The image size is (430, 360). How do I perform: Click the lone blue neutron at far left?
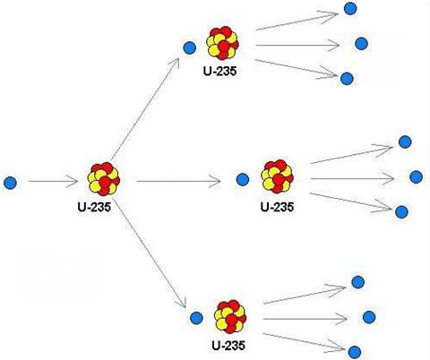coord(10,183)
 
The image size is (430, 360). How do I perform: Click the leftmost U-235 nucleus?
coord(104,179)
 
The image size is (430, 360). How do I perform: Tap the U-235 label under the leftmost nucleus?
coord(94,207)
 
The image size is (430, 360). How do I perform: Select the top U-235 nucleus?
coord(222,43)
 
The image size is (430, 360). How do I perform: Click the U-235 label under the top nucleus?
coord(220,71)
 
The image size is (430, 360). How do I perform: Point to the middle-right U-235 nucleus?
coord(277,176)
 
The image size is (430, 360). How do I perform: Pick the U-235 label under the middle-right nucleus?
coord(277,207)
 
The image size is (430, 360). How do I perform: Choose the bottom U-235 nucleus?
coord(230,317)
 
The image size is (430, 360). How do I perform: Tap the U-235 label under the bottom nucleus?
coord(228,346)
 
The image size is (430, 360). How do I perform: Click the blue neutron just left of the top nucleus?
coord(189,47)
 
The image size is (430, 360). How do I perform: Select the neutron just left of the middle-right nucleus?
coord(243,180)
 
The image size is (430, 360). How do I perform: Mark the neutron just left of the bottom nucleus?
coord(196,318)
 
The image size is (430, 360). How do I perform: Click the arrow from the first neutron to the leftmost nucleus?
coord(53,181)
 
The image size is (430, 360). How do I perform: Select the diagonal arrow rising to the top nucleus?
coord(145,108)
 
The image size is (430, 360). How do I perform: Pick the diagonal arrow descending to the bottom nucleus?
coord(150,254)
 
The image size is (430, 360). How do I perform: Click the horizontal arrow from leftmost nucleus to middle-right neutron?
coord(178,181)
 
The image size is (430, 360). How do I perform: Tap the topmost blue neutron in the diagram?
coord(350,9)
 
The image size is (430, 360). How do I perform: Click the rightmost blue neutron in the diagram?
coord(416,177)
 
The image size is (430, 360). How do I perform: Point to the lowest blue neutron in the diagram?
coord(354,352)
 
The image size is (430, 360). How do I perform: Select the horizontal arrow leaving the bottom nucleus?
coord(305,319)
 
